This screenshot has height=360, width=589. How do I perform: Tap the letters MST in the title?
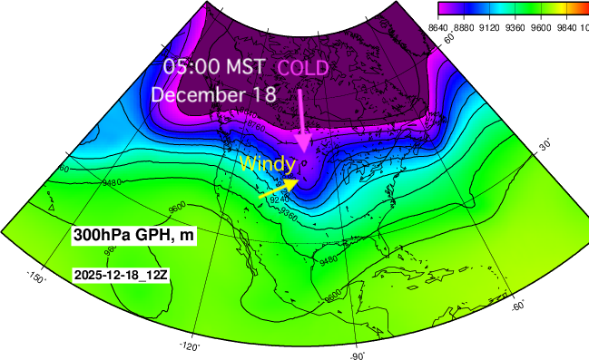pyautogui.click(x=247, y=66)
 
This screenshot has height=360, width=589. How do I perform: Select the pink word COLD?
pyautogui.click(x=302, y=68)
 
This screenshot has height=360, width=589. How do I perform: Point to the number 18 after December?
pyautogui.click(x=266, y=94)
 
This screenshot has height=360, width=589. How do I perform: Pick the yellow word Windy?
pyautogui.click(x=267, y=164)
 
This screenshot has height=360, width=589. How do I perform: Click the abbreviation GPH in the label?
pyautogui.click(x=152, y=235)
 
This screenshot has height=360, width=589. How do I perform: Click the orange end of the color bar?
pyautogui.click(x=577, y=8)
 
